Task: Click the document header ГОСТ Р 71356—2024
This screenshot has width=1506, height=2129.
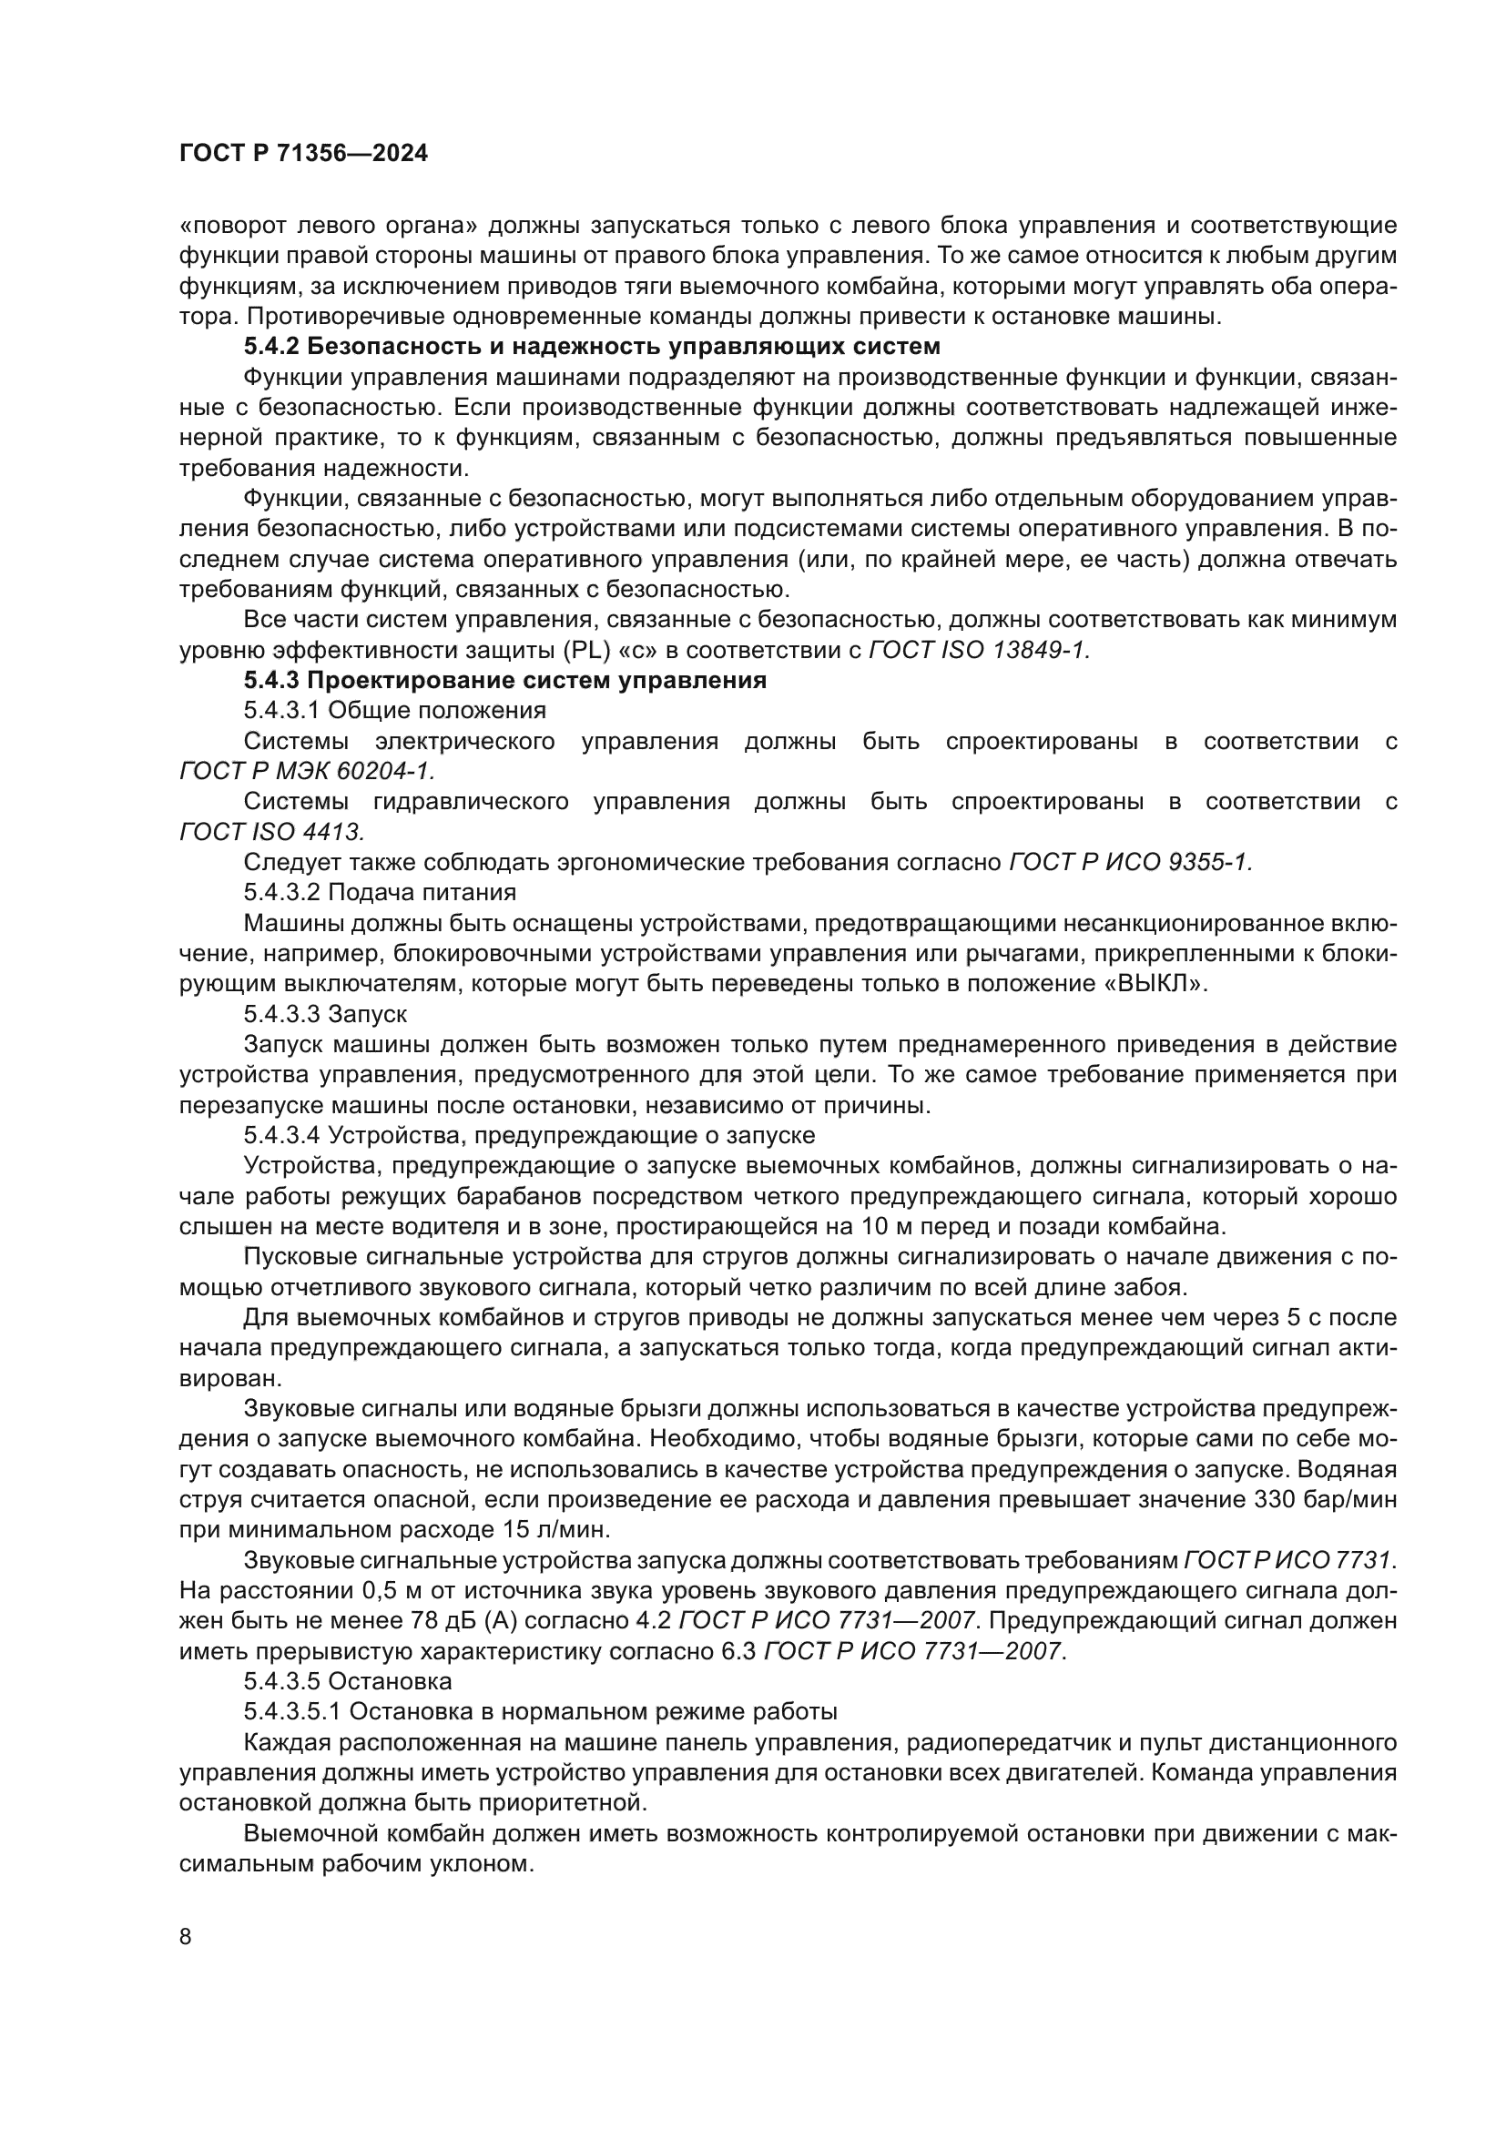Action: pos(303,154)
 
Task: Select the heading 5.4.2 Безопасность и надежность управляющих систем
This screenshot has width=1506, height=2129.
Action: pos(592,347)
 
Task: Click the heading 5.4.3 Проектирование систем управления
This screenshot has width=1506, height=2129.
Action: pos(505,681)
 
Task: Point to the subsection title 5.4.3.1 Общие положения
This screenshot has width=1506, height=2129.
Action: pos(395,711)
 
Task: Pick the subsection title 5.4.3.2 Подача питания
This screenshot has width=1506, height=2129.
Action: pos(381,893)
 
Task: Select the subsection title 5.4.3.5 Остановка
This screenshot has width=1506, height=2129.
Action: pos(348,1681)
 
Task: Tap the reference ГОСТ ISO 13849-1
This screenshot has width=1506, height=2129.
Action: pos(978,651)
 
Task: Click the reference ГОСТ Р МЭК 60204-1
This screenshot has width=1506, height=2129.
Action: pos(306,772)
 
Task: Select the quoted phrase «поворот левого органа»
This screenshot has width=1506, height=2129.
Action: pos(327,226)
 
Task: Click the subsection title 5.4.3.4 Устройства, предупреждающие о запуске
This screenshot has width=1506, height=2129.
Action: pos(530,1136)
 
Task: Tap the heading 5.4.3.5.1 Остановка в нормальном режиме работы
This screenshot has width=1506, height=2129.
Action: pos(541,1712)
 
